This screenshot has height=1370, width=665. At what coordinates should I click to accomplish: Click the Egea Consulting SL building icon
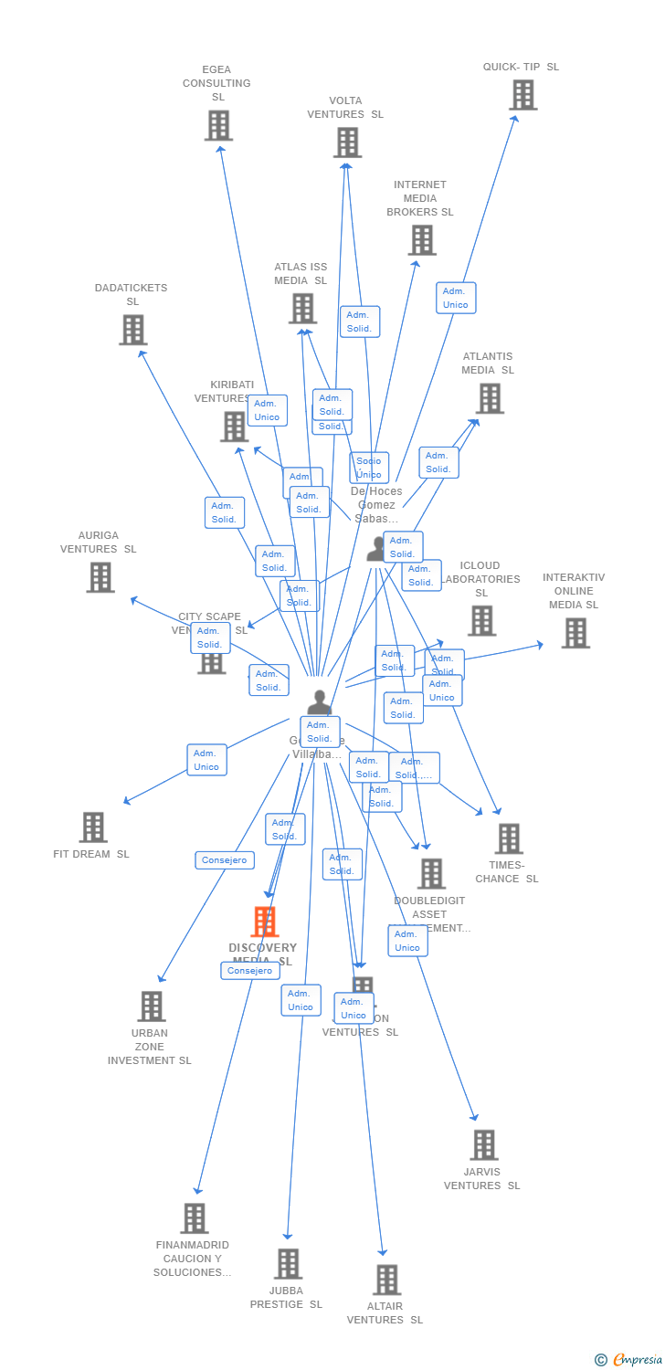218,126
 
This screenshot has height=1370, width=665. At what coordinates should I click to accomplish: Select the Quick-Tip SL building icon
523,95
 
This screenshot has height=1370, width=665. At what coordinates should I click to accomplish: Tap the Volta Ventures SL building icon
347,142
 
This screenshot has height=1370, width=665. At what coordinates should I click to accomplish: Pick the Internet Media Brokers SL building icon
422,240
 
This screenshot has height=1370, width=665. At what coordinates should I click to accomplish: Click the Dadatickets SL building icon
133,330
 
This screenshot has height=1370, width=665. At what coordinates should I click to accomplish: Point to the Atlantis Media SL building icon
490,398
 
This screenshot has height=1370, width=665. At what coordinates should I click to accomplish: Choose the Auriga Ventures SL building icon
100,577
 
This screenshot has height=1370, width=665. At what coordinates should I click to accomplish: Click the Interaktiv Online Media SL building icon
575,633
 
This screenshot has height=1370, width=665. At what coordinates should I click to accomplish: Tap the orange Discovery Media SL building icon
265,922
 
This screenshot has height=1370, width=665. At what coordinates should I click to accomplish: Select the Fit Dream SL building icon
93,827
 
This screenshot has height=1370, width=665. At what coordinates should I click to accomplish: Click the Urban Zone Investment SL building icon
152,1006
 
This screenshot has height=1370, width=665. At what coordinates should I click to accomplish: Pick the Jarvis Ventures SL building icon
484,1144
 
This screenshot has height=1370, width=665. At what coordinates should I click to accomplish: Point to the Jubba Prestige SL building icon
288,1264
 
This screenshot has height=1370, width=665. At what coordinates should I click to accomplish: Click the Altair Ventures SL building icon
387,1280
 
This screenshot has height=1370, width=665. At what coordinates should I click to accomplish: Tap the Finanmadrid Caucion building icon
194,1218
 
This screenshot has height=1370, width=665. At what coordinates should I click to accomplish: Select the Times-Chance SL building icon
509,838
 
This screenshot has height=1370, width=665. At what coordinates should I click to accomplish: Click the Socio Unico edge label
369,468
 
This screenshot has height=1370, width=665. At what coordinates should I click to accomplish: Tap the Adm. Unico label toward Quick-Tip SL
456,298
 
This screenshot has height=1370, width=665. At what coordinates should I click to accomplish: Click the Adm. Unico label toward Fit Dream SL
206,760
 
